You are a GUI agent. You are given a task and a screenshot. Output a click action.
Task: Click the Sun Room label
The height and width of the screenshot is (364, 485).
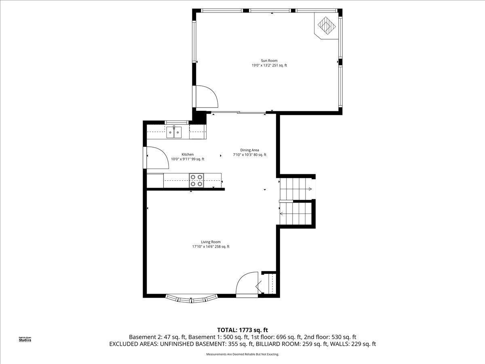tap(269, 61)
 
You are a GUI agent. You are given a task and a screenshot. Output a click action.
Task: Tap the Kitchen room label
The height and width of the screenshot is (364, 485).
tap(188, 154)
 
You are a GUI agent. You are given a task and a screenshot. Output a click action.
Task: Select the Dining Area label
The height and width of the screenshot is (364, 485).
tap(249, 150)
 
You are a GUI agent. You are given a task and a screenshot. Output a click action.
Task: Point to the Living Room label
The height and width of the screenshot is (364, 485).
tap(211, 242)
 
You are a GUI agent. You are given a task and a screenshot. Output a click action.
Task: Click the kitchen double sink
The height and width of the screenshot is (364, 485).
tap(175, 131)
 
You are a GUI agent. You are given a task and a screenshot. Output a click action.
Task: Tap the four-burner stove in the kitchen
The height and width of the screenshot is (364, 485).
tap(197, 180)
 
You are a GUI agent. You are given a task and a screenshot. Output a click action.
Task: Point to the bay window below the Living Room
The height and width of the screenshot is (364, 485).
tap(192, 299)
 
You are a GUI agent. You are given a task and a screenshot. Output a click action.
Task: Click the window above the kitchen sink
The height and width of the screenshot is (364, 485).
tap(177, 122)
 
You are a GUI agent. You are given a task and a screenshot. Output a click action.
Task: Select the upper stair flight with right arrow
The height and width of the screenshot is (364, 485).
tap(296, 189)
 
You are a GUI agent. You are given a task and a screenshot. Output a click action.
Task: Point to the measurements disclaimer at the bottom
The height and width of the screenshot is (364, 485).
tap(242, 354)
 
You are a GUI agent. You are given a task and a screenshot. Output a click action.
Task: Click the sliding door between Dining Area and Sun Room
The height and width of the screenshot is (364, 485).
tap(238, 113)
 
